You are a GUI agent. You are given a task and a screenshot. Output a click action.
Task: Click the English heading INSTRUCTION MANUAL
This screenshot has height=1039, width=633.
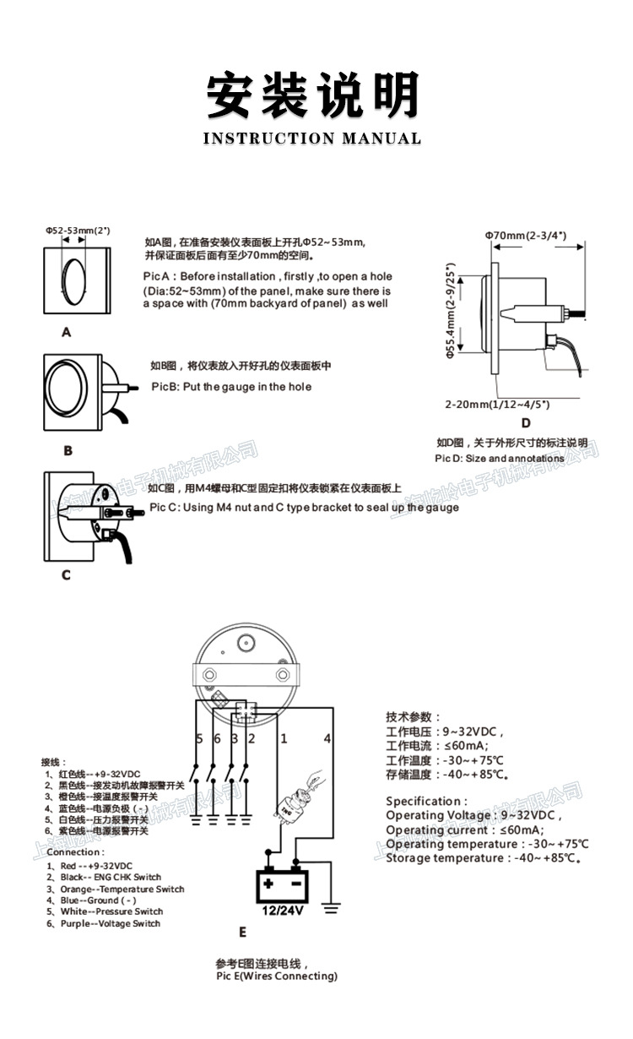click(x=312, y=139)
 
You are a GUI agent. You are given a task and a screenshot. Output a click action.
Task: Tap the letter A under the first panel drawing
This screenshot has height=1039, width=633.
click(x=67, y=333)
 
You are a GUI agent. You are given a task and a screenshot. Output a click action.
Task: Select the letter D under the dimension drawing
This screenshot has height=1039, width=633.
click(x=525, y=423)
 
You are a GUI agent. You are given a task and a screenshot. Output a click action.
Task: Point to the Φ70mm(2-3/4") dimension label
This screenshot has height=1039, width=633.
click(x=525, y=235)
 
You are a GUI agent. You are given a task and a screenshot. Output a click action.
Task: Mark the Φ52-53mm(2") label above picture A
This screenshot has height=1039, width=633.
click(x=78, y=230)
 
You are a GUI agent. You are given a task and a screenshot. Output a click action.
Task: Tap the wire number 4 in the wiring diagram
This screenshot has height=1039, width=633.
click(x=327, y=738)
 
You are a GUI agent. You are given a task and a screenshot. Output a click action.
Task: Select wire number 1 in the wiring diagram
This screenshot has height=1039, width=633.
click(x=284, y=738)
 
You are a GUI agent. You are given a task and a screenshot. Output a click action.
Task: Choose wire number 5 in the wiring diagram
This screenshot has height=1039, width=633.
click(x=199, y=738)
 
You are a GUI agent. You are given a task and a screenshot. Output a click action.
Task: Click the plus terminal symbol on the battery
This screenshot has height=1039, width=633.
click(x=268, y=884)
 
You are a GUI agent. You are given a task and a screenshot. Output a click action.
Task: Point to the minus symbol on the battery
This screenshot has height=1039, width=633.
click(x=296, y=884)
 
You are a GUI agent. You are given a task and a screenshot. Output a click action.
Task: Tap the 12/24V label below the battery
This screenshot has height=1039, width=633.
click(x=282, y=911)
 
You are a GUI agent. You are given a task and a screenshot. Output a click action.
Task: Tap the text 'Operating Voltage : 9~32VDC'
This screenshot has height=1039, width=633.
click(x=473, y=815)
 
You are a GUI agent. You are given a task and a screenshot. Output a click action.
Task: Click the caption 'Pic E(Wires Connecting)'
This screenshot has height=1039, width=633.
click(x=277, y=976)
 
